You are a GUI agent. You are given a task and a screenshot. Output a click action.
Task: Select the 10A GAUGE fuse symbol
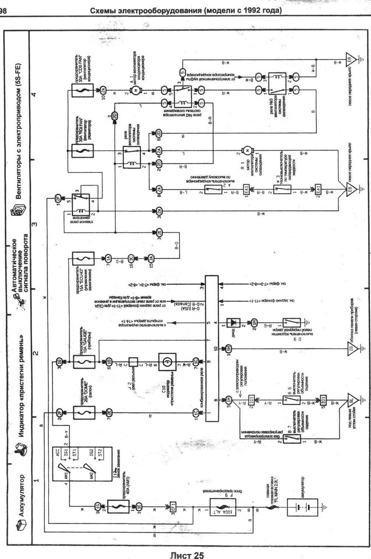click(x=84, y=362)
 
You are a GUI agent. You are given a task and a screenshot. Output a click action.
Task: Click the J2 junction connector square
click(x=133, y=362)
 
